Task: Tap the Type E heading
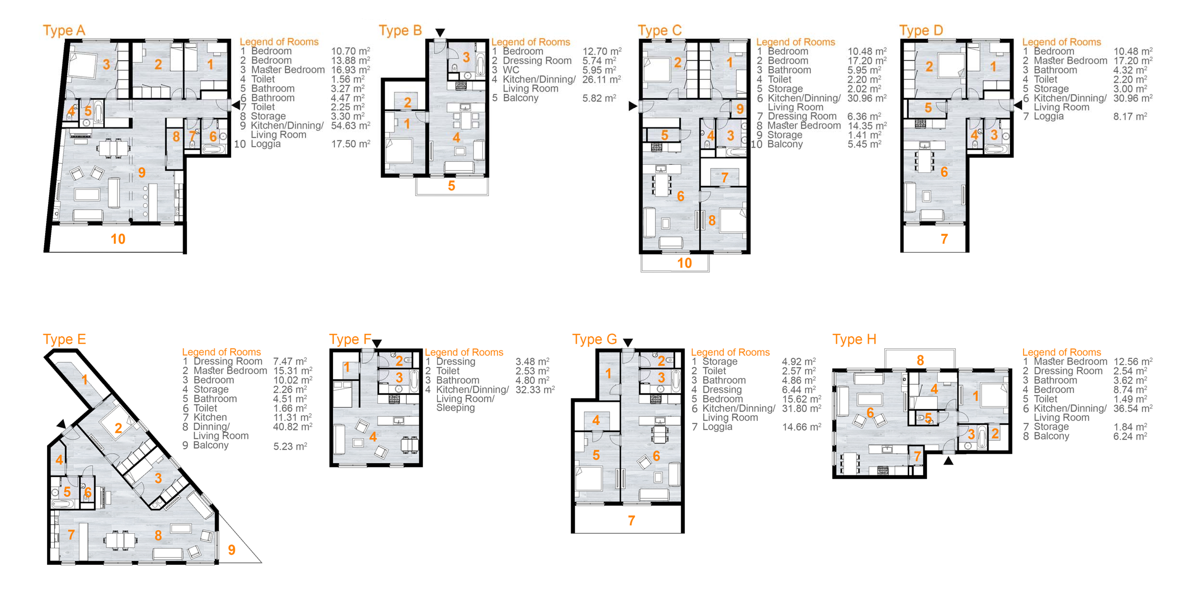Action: click(64, 339)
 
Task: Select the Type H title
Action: click(854, 339)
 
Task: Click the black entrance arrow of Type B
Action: click(440, 32)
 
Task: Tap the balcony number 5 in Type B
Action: click(452, 186)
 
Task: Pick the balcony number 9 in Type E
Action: click(232, 550)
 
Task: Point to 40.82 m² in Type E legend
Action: click(292, 427)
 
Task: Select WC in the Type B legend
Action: click(511, 70)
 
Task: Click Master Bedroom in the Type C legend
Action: click(804, 125)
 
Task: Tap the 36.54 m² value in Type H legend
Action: click(1133, 408)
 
